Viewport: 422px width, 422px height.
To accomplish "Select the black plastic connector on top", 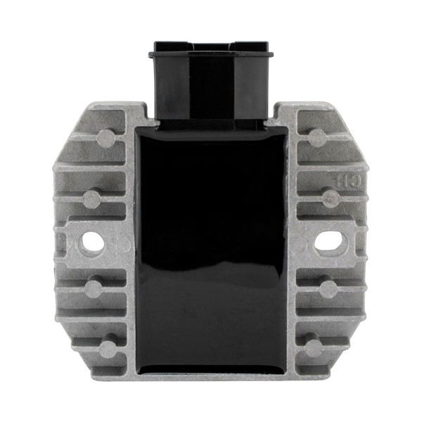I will pos(209,84).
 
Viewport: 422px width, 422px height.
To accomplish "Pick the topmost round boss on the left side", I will pos(106,138).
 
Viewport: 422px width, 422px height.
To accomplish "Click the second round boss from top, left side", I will pos(91,199).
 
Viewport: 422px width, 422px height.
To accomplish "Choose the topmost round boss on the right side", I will pos(317,137).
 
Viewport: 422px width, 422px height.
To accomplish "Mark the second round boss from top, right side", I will pos(331,198).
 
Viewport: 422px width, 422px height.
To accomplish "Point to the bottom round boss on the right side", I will pos(314,347).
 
